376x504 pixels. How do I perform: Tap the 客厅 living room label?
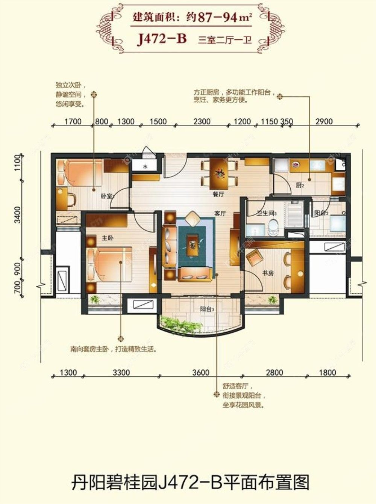tap(220, 213)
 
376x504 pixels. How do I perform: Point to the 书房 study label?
tap(268, 273)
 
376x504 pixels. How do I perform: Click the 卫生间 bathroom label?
tap(267, 213)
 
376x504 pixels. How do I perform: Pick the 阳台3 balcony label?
tap(207, 309)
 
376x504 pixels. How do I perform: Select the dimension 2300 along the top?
tap(202, 121)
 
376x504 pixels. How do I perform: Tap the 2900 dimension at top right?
tap(324, 121)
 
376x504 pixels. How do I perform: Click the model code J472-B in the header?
tap(162, 38)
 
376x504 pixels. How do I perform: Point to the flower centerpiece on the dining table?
tap(219, 173)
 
